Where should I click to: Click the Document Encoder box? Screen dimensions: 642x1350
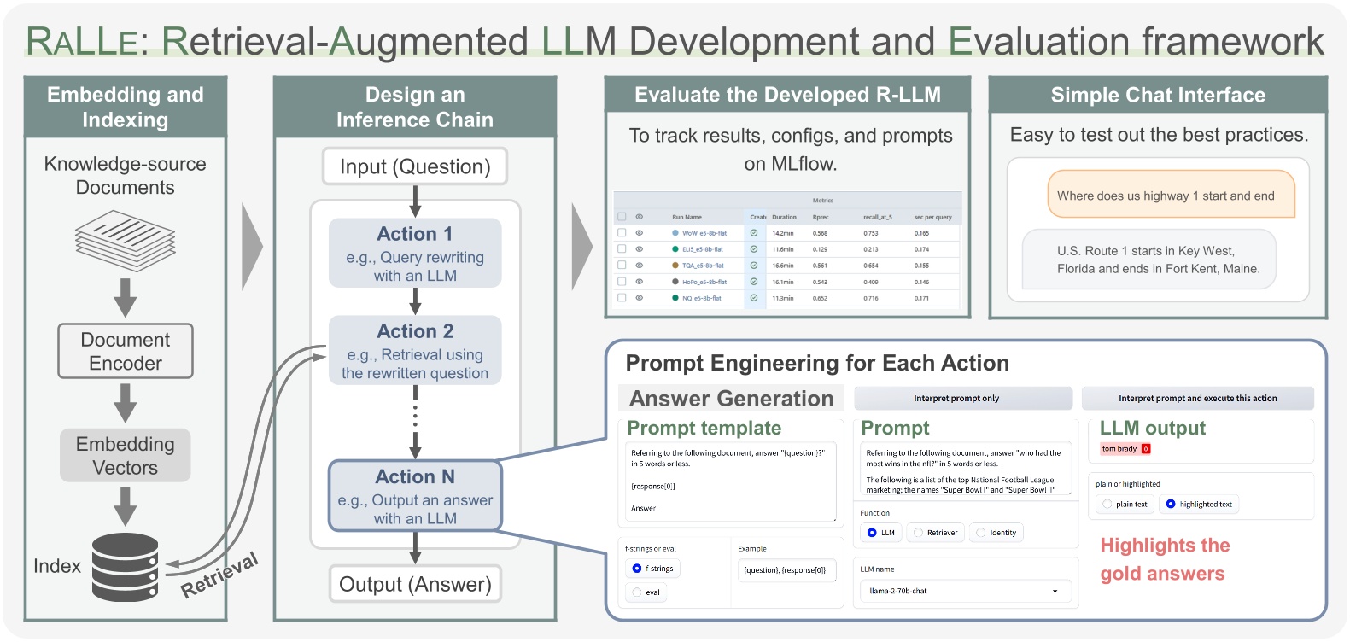[126, 351]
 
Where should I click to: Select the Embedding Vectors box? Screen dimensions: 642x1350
[126, 455]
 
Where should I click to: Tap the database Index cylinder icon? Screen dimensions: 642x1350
[125, 567]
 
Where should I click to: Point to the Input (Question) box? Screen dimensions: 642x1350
[415, 166]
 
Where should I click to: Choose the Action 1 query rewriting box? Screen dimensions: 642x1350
[415, 253]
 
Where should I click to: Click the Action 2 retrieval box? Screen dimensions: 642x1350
[415, 350]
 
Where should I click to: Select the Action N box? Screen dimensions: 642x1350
[415, 496]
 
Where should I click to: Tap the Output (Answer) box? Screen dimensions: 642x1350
[415, 584]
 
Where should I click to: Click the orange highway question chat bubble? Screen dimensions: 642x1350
[1171, 196]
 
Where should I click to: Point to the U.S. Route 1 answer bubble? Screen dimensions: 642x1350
[1148, 260]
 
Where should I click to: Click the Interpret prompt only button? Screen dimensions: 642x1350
[962, 399]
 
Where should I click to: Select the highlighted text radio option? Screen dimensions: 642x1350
[1171, 505]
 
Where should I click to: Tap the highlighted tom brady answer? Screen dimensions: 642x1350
[1120, 449]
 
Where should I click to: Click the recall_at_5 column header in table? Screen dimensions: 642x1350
[877, 217]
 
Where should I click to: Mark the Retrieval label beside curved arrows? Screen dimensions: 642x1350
[219, 575]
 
